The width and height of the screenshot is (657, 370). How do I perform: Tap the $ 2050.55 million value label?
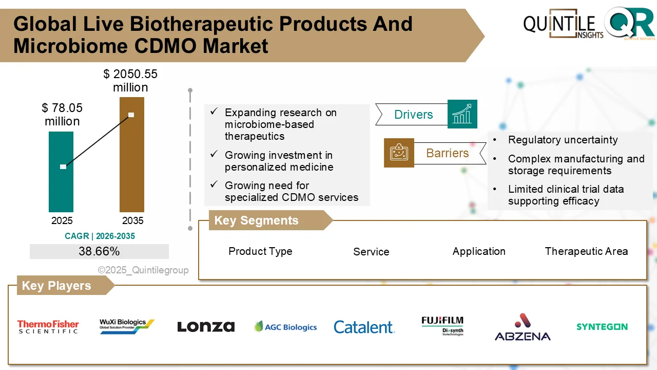click(130, 81)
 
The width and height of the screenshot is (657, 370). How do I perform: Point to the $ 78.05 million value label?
click(62, 115)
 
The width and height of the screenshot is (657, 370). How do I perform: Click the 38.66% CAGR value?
click(99, 251)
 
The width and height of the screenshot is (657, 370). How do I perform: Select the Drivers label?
click(413, 115)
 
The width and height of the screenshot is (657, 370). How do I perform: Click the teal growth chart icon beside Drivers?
click(462, 114)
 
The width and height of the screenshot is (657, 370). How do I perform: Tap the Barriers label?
click(447, 153)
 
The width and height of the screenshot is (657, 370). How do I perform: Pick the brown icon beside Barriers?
click(399, 153)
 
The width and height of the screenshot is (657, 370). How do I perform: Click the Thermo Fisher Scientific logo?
click(48, 327)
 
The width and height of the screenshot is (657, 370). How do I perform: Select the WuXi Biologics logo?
click(126, 326)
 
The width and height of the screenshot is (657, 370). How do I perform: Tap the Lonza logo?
click(206, 327)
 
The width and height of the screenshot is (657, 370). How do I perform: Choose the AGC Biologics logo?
click(285, 327)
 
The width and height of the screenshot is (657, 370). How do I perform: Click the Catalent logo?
click(364, 327)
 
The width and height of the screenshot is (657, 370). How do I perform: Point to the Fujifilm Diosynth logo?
click(442, 326)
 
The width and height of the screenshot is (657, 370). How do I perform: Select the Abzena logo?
click(522, 327)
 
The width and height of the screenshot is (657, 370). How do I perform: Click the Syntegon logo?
click(602, 327)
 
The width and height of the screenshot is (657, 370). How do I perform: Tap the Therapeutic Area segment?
click(586, 251)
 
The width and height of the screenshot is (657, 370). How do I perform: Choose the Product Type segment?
click(260, 251)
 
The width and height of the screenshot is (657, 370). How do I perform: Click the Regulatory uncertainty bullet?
click(563, 140)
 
